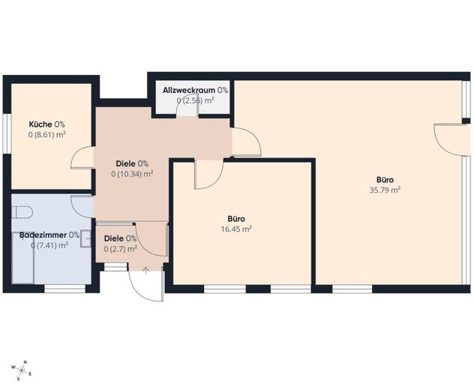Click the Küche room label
[x=40, y=124]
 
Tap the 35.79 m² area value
[x=385, y=190]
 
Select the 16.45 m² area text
[x=236, y=229]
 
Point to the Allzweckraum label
[x=189, y=90]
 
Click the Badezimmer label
[x=43, y=235]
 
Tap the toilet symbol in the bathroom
[x=22, y=212]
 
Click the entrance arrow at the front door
[x=145, y=270]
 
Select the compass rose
[x=22, y=370]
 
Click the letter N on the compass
[x=25, y=362]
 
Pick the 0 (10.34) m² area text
[x=132, y=174]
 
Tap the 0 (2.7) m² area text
[x=120, y=249]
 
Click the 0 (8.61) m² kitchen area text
[x=47, y=134]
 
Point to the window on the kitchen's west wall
[x=7, y=133]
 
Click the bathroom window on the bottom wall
[x=65, y=289]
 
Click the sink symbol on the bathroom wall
[x=85, y=238]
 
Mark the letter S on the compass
[x=19, y=378]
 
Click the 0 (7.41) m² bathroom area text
[x=49, y=245]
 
